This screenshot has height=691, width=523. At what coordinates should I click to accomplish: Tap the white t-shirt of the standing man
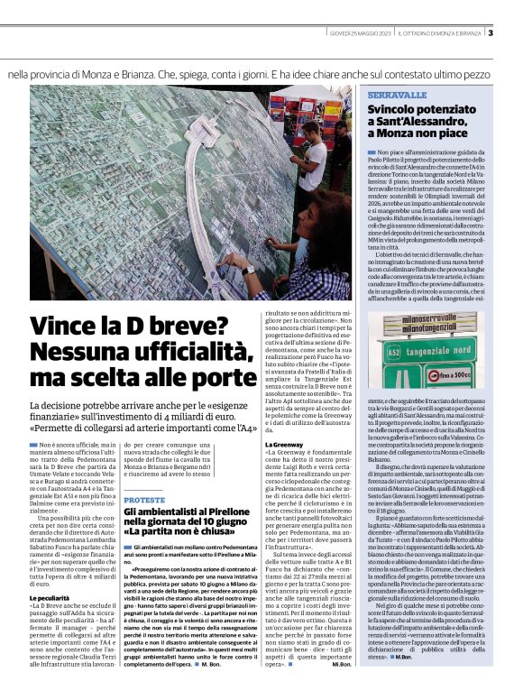point(340,153)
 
